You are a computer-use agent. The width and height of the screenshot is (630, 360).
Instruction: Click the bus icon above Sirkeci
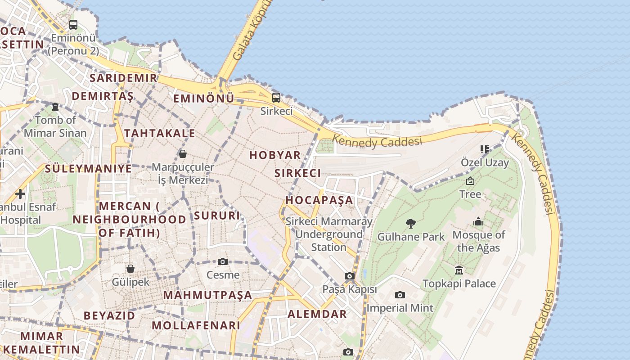pos(276,97)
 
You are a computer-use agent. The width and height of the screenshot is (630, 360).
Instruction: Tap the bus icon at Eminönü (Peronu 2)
pos(73,25)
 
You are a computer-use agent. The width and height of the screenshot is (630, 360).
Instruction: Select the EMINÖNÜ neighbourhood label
pos(204,99)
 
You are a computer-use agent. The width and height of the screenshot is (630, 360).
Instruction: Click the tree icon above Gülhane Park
pos(410,223)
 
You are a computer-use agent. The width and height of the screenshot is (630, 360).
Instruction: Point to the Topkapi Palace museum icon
pos(459,270)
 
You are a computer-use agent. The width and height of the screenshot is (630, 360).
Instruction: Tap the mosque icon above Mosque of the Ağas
pos(478,221)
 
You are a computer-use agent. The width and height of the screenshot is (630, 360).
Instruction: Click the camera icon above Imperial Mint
pos(400,295)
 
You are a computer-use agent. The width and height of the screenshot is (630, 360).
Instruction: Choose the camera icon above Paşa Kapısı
pos(350,276)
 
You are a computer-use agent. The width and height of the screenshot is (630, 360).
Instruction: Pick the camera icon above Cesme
pos(223,261)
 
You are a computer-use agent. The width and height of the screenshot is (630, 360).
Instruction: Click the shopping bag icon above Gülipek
pos(130,269)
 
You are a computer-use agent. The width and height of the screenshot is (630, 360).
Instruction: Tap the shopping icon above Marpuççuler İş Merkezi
pos(183,154)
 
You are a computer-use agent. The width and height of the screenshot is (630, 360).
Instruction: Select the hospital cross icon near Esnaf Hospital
pos(20,194)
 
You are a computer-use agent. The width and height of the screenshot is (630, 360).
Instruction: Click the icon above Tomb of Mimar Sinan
pos(55,107)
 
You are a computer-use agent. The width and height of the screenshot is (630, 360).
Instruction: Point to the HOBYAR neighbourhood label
pos(275,155)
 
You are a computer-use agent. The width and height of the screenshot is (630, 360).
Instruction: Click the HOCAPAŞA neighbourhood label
pos(319,200)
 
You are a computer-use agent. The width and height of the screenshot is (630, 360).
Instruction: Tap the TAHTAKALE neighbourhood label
pos(160,133)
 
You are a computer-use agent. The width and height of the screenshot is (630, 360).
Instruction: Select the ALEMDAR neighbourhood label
pos(317,314)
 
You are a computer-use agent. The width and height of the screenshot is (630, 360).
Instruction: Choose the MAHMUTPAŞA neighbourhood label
pos(207,295)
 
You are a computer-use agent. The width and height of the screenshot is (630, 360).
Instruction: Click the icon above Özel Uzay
pos(485,149)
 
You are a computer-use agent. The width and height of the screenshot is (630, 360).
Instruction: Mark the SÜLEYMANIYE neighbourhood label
pos(88,169)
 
